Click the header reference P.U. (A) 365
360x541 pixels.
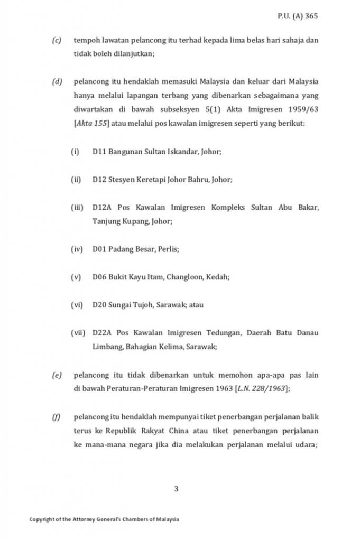pyautogui.click(x=298, y=16)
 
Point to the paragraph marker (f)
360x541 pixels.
pyautogui.click(x=56, y=417)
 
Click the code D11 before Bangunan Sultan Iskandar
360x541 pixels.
pyautogui.click(x=99, y=152)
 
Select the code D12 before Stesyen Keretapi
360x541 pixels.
pyautogui.click(x=99, y=180)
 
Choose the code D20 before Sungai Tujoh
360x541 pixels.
pyautogui.click(x=99, y=305)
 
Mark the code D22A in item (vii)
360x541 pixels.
pyautogui.click(x=101, y=333)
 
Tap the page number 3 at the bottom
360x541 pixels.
pyautogui.click(x=176, y=489)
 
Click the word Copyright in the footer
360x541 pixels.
pyautogui.click(x=41, y=519)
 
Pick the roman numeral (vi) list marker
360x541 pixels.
pyautogui.click(x=77, y=305)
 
